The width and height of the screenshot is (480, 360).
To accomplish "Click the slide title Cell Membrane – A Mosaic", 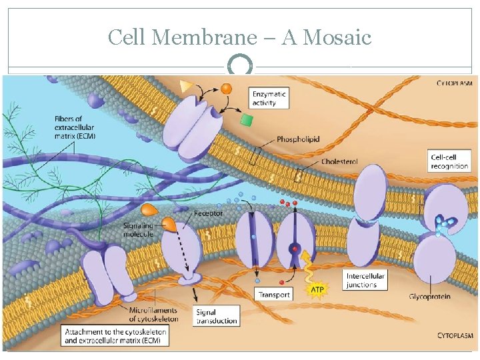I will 240,37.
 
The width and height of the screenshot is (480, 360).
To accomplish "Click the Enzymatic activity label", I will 269,99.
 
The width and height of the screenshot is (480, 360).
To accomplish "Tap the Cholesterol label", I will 339,161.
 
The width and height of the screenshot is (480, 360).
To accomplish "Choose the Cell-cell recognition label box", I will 449,161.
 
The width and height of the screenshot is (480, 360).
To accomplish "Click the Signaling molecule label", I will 138,229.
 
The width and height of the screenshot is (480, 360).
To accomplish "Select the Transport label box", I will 274,294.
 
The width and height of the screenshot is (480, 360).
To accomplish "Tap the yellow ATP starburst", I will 316,291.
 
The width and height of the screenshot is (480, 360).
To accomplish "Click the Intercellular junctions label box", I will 366,280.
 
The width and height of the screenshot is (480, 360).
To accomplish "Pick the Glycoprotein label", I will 429,296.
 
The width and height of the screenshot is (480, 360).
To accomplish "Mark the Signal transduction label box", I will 217,316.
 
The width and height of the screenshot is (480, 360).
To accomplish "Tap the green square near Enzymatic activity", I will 247,120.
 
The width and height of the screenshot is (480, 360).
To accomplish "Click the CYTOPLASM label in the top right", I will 454,83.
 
